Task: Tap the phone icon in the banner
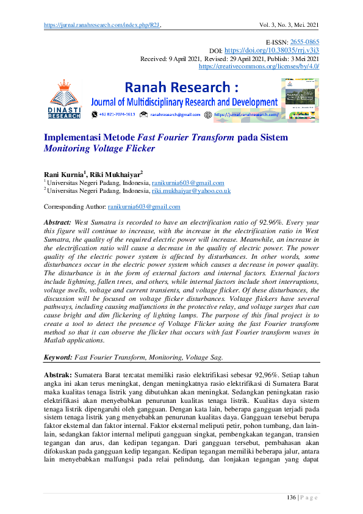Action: tap(93, 114)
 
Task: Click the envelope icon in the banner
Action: tap(143, 114)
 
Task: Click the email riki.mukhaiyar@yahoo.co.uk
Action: tap(191, 190)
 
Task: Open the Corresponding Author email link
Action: tap(143, 207)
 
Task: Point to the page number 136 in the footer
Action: tap(292, 499)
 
